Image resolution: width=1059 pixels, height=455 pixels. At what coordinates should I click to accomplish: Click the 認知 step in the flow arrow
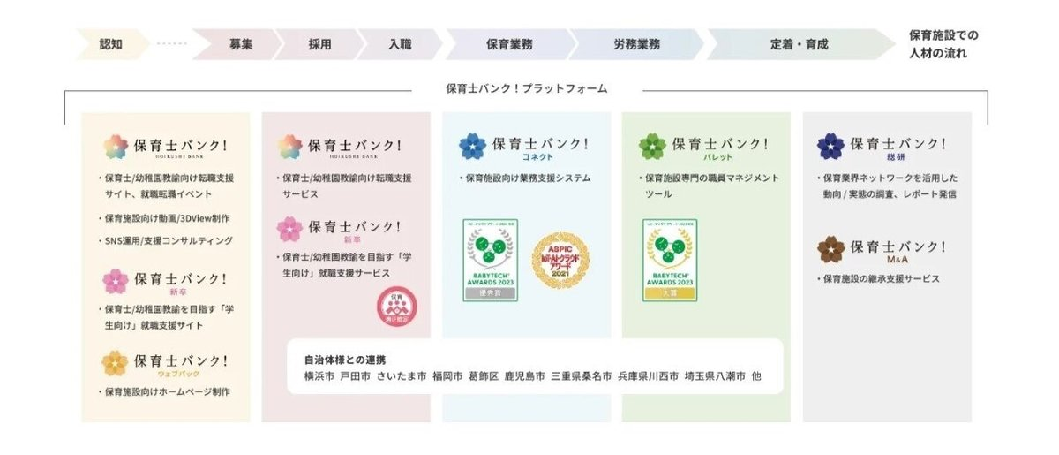click(111, 43)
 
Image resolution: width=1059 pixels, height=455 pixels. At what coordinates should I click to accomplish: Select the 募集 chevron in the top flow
click(240, 43)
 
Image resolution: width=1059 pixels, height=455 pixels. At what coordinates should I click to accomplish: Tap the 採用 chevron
click(319, 43)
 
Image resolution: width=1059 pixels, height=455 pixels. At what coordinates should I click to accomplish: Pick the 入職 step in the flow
click(398, 43)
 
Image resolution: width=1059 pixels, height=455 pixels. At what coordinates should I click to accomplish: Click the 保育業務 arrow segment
click(508, 43)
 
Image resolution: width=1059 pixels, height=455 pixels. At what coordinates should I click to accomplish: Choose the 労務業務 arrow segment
click(636, 43)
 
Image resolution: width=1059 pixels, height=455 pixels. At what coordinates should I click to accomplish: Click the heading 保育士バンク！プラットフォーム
click(527, 88)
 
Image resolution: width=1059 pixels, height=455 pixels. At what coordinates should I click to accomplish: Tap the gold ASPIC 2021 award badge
click(560, 261)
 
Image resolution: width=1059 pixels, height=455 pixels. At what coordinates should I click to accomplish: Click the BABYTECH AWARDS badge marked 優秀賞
click(491, 260)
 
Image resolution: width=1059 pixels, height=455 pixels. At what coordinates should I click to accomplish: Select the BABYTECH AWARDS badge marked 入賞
click(670, 260)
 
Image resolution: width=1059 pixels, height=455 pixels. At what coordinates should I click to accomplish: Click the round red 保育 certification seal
click(396, 307)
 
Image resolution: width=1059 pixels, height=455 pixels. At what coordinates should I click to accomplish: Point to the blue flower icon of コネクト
click(472, 146)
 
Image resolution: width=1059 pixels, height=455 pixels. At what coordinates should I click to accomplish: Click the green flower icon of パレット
click(652, 146)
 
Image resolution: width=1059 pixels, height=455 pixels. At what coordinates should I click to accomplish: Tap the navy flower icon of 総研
click(830, 146)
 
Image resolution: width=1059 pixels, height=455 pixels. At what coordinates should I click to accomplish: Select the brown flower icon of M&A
click(830, 249)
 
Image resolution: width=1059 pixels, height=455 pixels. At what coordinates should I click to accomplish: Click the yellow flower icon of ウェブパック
click(115, 363)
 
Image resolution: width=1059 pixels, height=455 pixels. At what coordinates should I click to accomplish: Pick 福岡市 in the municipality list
click(447, 376)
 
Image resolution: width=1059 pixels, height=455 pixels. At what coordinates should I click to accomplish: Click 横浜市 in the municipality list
click(319, 376)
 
